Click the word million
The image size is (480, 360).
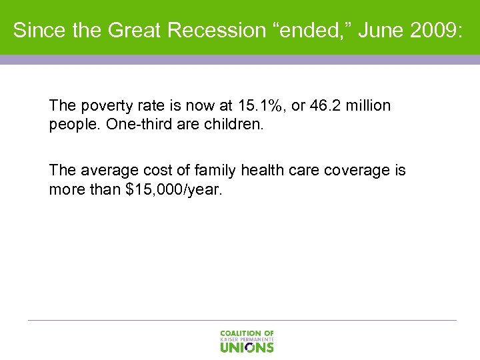tap(367, 106)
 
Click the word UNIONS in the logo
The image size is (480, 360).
tap(247, 347)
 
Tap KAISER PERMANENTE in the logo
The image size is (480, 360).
tap(247, 339)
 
